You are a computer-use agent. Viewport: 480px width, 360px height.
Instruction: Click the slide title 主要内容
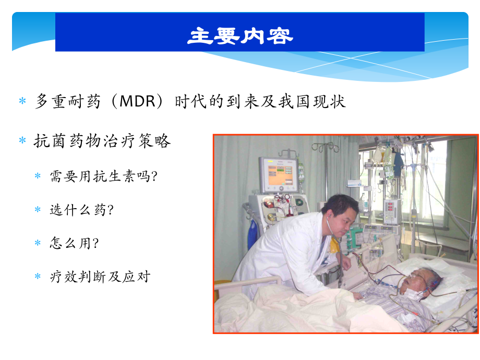click(241, 36)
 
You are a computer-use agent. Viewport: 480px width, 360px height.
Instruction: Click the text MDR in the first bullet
click(137, 101)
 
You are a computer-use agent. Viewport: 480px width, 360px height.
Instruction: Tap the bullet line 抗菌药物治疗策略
click(102, 141)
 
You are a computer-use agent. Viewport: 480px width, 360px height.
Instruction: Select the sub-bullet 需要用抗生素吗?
click(104, 176)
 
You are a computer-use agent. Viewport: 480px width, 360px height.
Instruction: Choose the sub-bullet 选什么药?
click(82, 210)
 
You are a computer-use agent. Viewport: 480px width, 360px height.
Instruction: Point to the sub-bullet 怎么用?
click(75, 243)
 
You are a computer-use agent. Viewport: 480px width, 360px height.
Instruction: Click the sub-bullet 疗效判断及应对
click(100, 277)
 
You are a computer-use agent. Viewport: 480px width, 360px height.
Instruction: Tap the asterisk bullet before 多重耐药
click(22, 101)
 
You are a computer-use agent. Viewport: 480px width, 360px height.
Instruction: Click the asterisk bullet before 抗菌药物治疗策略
click(22, 140)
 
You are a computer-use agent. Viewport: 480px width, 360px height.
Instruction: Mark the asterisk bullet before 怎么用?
click(38, 243)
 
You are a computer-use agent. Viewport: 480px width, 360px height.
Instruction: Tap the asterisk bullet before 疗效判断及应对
click(38, 277)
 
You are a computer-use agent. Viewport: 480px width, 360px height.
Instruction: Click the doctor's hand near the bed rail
click(346, 263)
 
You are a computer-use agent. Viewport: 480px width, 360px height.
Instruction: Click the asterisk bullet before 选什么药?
click(38, 210)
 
